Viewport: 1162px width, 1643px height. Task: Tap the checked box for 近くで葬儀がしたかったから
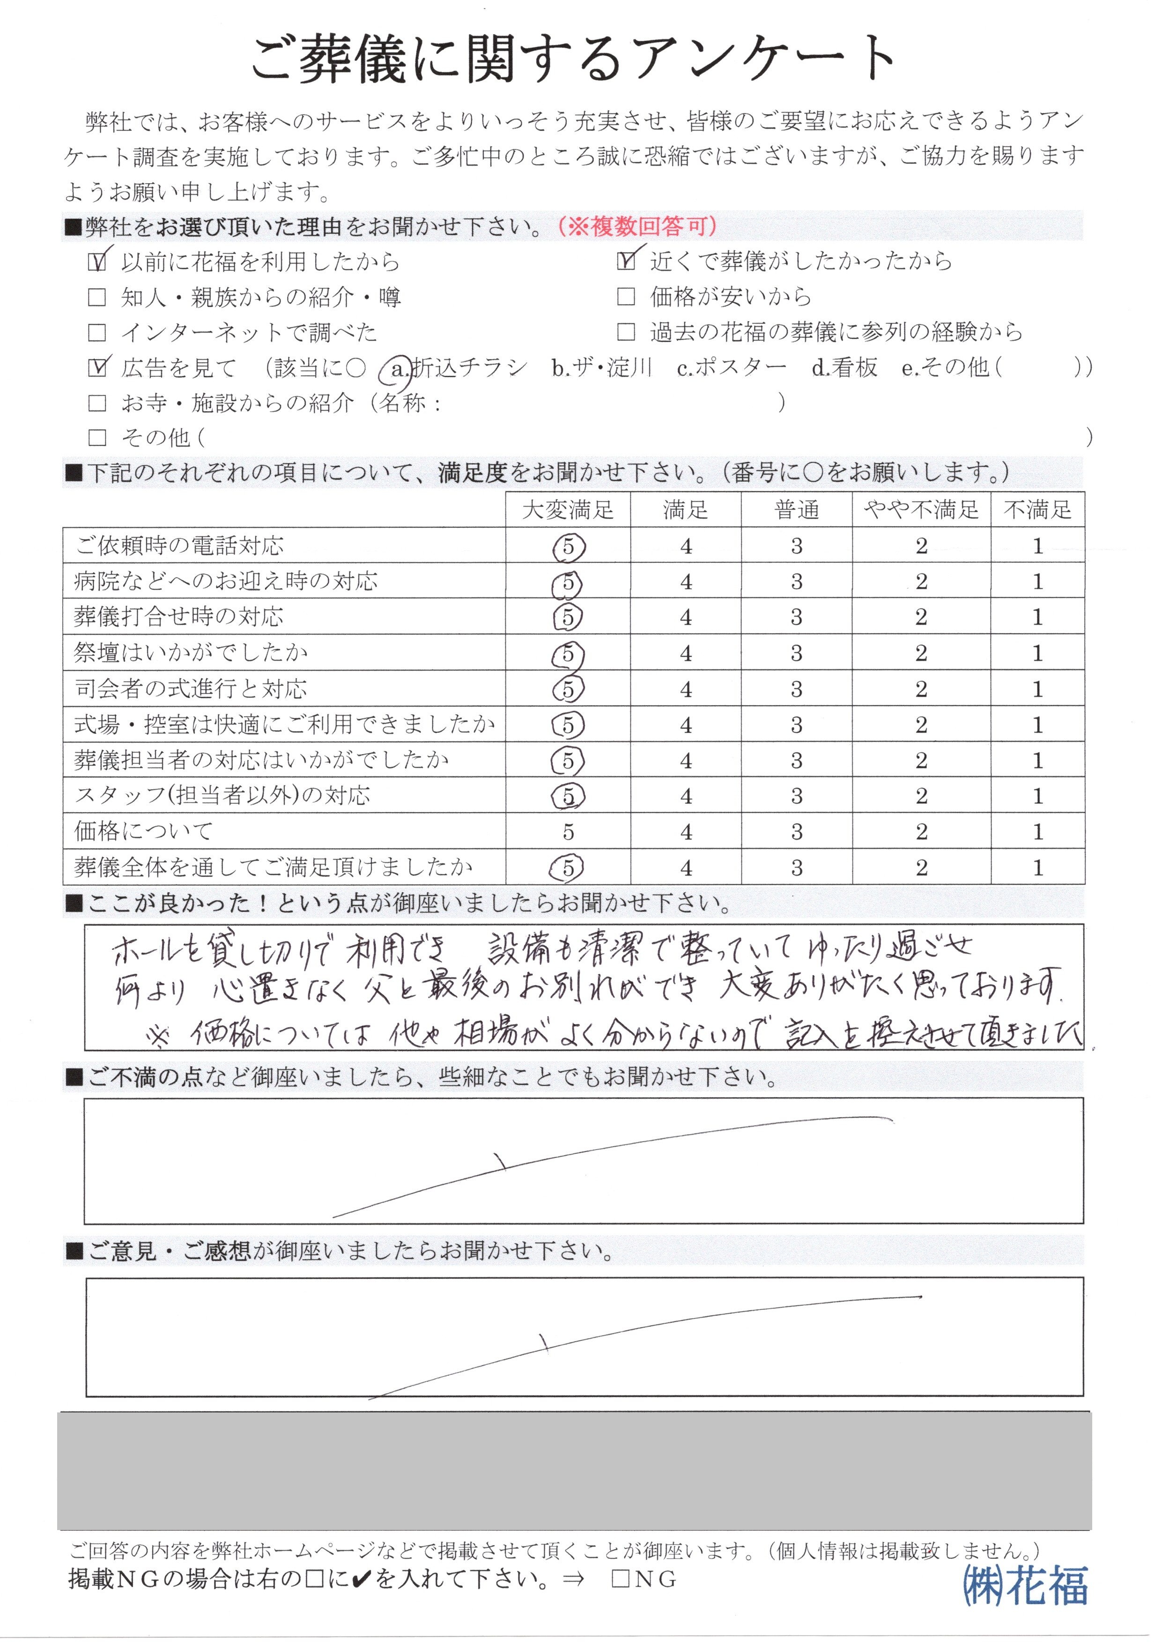tap(626, 262)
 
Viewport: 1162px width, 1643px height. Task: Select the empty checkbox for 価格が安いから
tap(626, 297)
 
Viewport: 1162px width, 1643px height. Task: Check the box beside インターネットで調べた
tap(96, 333)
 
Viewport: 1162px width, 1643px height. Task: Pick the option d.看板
tap(844, 368)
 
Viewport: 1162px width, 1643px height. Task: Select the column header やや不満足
tap(921, 510)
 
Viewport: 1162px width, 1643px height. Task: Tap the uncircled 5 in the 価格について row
tap(568, 832)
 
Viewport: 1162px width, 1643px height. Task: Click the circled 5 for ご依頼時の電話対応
tap(568, 547)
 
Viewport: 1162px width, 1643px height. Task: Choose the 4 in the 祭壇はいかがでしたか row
tap(686, 654)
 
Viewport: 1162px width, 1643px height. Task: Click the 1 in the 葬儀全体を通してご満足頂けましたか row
tap(1037, 868)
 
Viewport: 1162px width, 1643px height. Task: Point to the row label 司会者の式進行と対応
tap(191, 689)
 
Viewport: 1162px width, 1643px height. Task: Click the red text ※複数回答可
tap(637, 228)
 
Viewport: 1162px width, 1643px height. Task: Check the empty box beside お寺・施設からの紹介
tap(96, 403)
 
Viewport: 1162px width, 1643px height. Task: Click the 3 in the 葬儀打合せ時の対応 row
tap(796, 618)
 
